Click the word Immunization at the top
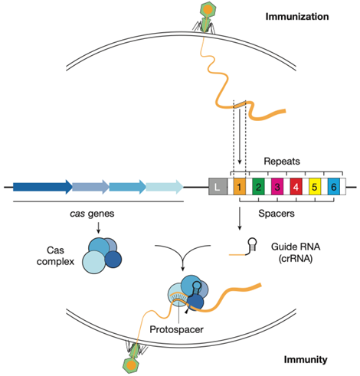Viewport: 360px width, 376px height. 303,15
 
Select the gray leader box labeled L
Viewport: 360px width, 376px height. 218,186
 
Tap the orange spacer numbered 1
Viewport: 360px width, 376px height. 239,186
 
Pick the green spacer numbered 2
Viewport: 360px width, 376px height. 259,186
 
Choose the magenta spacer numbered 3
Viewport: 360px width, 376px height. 277,186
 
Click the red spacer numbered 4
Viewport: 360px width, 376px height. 296,186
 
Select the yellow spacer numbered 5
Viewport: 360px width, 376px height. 314,186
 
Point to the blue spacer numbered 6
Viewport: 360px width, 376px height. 332,186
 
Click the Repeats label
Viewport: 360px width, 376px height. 282,162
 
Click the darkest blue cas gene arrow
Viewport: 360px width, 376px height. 43,186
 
